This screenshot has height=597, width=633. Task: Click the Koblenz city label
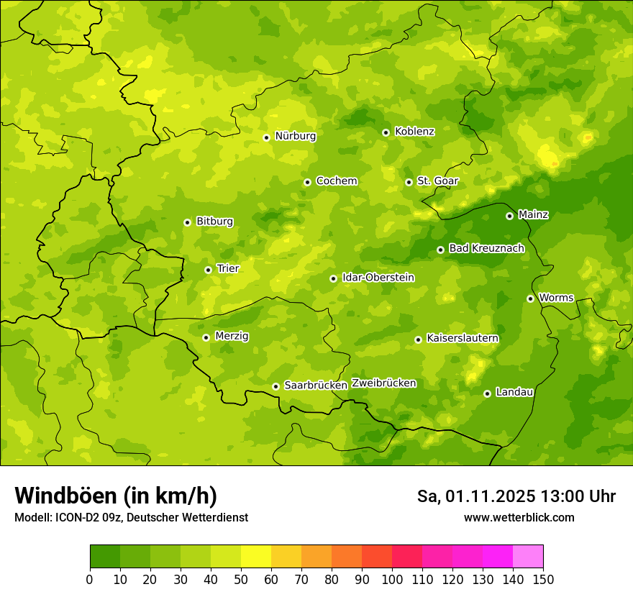pos(414,132)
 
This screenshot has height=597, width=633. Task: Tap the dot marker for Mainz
pos(509,216)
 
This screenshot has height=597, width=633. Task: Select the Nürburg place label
pos(295,136)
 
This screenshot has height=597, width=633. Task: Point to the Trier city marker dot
pos(208,270)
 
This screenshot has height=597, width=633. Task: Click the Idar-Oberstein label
pos(378,278)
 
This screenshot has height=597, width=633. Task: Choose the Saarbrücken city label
pos(316,386)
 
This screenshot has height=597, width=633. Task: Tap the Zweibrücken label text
pos(383,383)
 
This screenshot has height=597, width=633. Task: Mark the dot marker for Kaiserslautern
pos(418,339)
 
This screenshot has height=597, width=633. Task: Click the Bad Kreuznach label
pos(486,248)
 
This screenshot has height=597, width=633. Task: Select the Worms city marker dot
pos(530,298)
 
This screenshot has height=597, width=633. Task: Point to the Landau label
pos(514,392)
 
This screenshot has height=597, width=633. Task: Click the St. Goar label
pos(437,181)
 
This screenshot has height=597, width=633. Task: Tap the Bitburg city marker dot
pos(187,222)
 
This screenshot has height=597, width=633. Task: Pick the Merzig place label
pos(232,336)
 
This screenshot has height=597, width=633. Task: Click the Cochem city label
pos(337,181)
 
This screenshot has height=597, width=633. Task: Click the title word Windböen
pos(65,496)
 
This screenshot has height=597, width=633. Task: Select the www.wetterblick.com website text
pos(519,518)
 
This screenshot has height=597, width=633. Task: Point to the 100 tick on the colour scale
pos(392,579)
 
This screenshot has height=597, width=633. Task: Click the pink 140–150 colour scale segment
pos(528,557)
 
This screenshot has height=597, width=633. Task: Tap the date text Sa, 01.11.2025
pos(475,496)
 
